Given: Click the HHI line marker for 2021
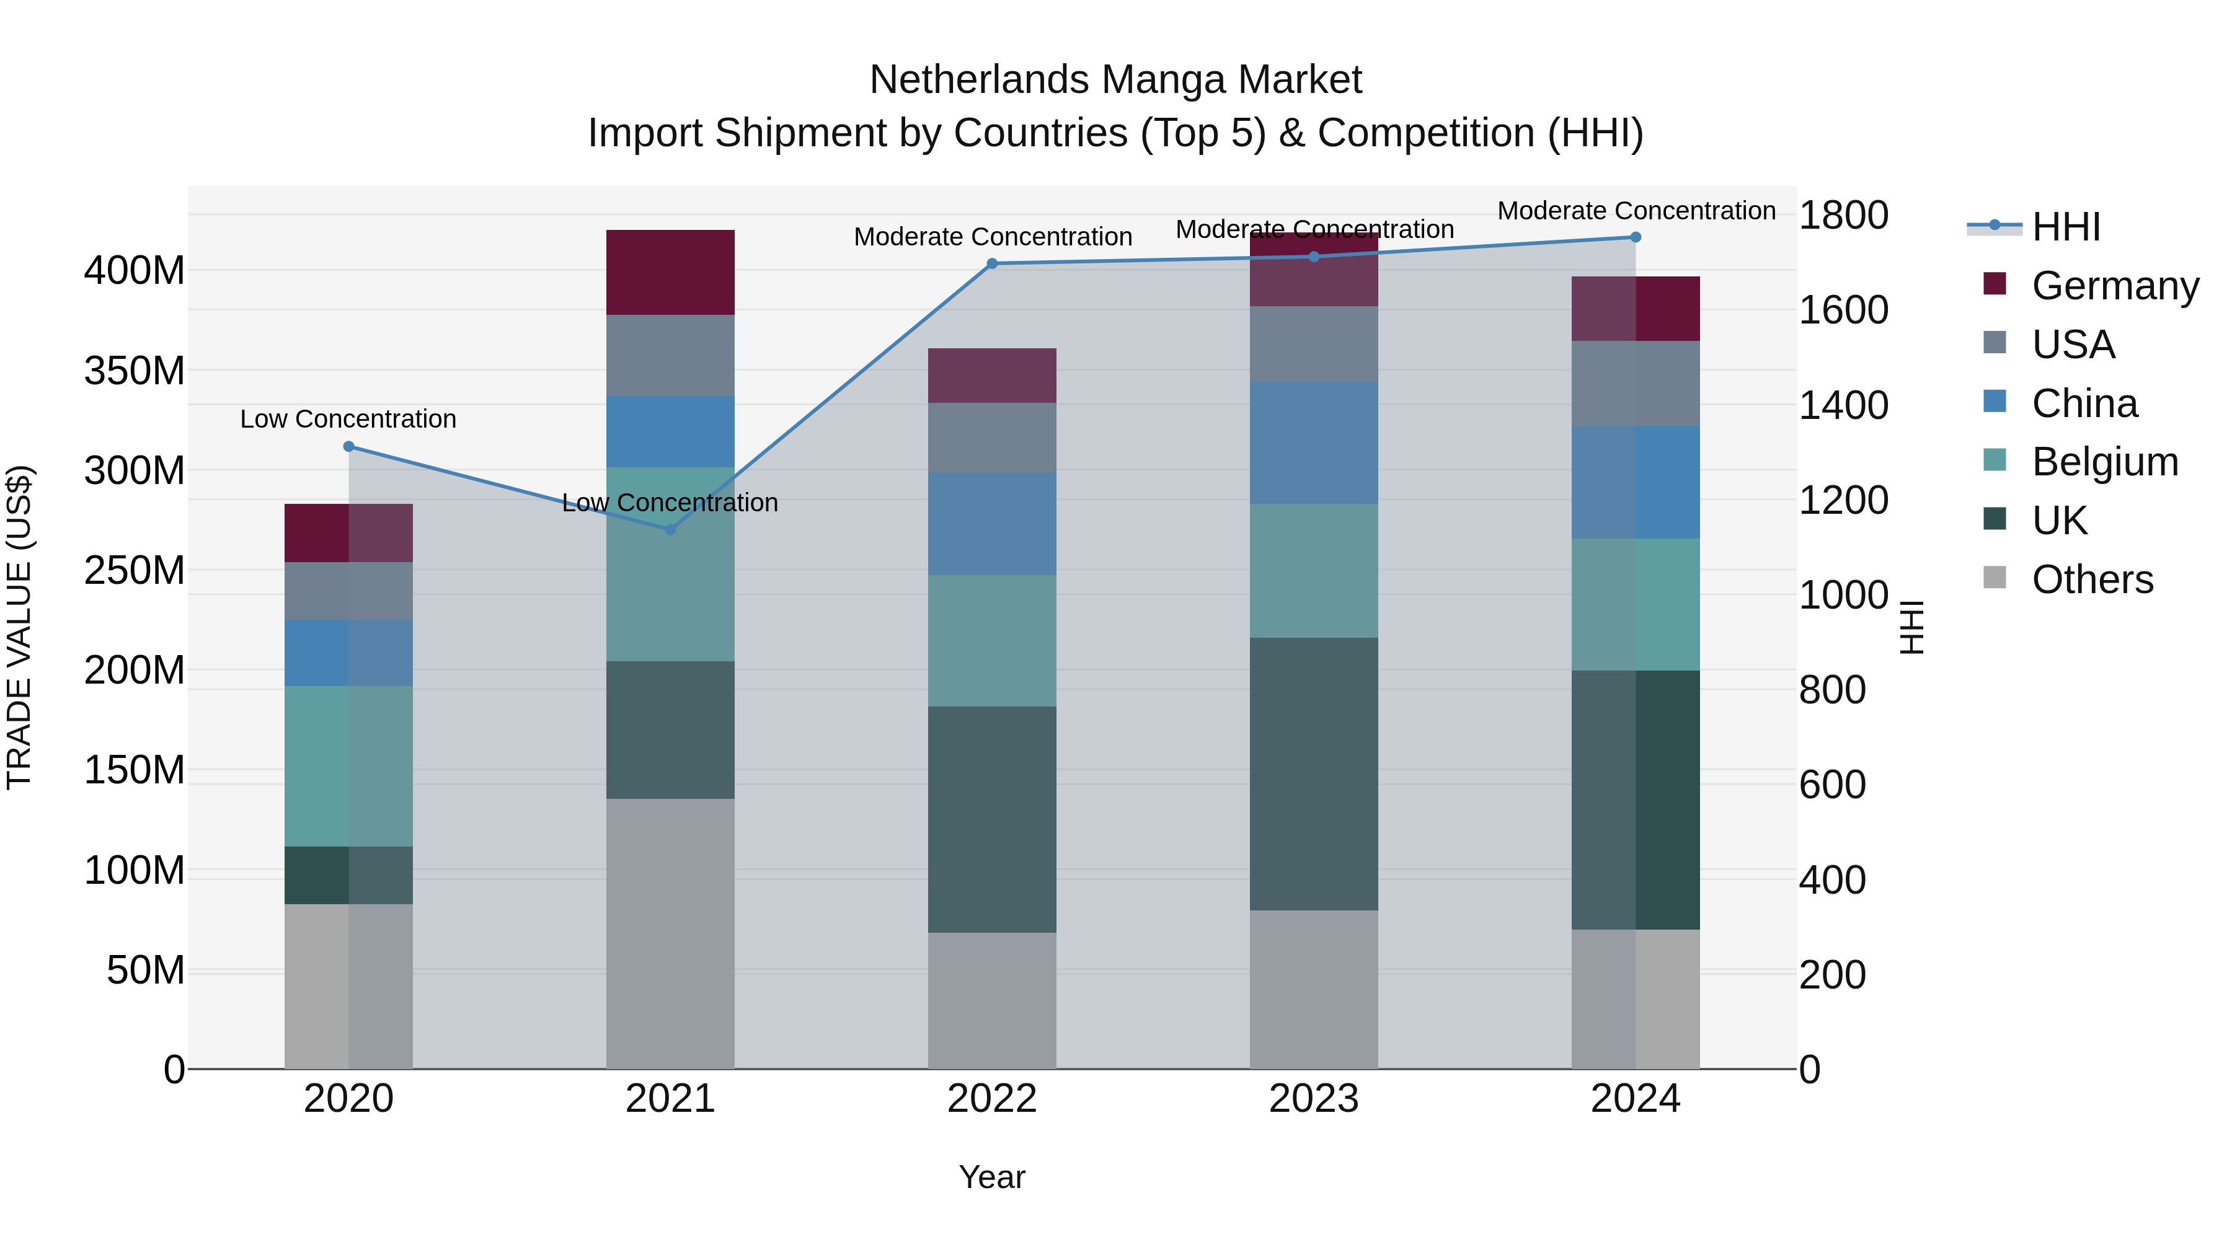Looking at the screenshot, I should tap(670, 529).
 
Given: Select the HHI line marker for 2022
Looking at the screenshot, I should tap(992, 263).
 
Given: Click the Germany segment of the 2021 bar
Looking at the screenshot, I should tap(670, 272).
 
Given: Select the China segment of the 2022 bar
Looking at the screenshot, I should tap(992, 523).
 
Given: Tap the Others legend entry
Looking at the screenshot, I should tap(2092, 579).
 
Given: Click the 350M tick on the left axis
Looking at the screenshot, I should tap(135, 371).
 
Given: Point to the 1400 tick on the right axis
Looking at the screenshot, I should tap(1843, 405).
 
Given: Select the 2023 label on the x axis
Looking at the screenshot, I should tap(1314, 1099).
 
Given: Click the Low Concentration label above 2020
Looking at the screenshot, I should tap(348, 419).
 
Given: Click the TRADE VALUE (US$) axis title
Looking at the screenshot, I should tap(19, 627).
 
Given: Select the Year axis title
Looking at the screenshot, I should tap(992, 1177).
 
